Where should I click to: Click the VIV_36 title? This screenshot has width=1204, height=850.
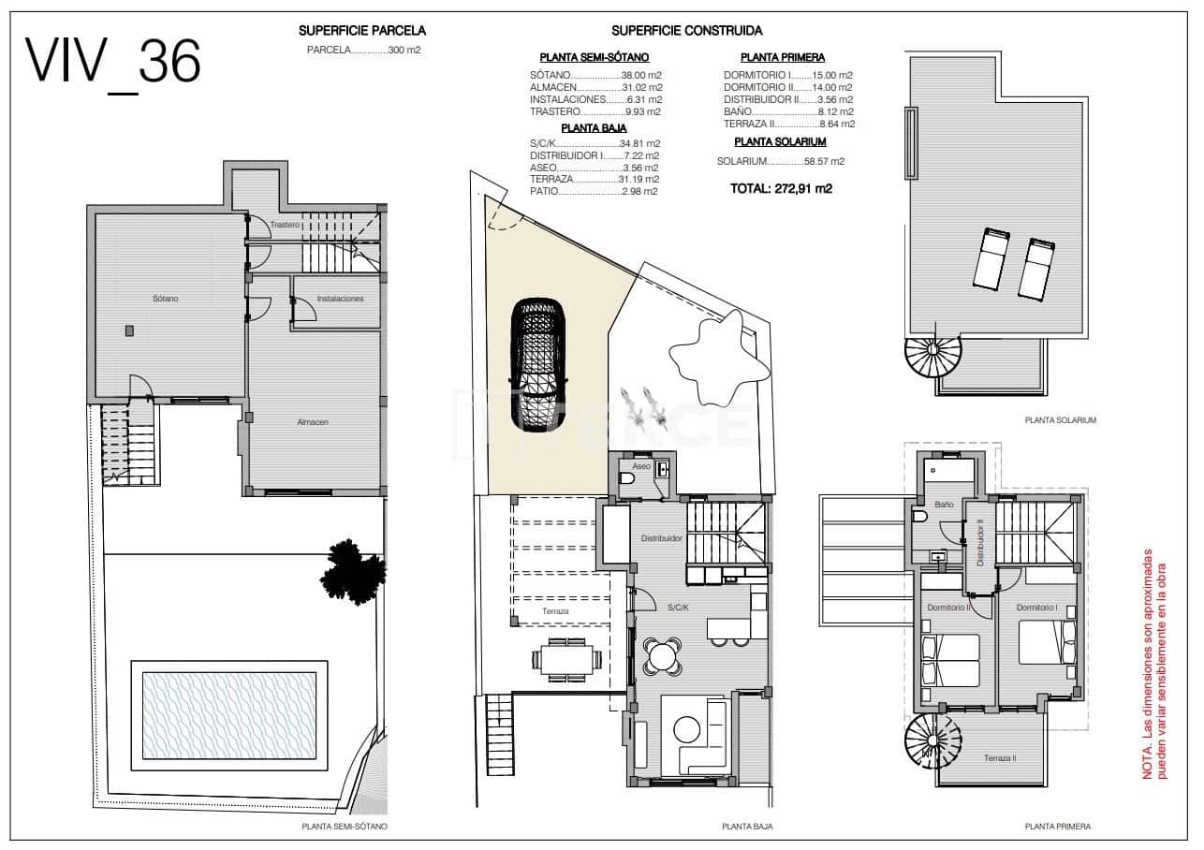[x=113, y=63]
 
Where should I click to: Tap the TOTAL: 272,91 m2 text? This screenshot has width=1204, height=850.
[x=781, y=188]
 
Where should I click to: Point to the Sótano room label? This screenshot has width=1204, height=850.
[x=166, y=299]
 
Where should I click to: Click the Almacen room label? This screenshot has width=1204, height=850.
[x=313, y=422]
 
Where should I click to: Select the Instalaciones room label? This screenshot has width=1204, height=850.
[x=340, y=299]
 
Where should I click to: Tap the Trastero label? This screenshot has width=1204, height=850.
[x=285, y=226]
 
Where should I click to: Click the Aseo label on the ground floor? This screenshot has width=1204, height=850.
[x=641, y=465]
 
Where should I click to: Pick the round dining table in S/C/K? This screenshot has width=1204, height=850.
[x=664, y=654]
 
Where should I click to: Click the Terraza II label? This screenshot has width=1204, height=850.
[x=1000, y=758]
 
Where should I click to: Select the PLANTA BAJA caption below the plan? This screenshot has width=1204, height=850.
[x=747, y=827]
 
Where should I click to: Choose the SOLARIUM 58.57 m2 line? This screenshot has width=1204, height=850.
[x=780, y=161]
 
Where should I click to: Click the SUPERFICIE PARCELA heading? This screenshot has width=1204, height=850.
[x=361, y=31]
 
